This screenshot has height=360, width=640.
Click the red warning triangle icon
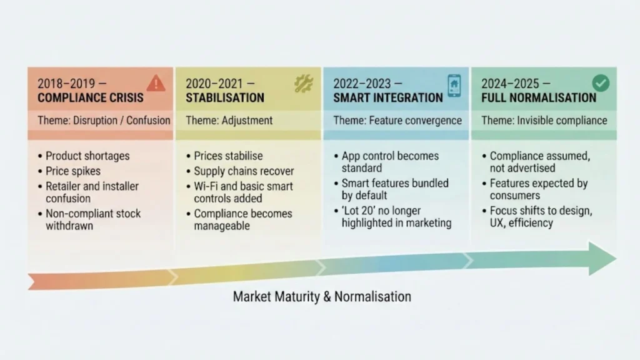[156, 82]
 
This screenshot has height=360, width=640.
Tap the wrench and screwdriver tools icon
[304, 84]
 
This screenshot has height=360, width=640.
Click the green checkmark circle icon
[601, 82]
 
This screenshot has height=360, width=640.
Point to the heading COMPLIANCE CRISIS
[90, 97]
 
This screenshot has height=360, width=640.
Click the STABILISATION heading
[224, 97]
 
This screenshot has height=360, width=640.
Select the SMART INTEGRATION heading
[387, 97]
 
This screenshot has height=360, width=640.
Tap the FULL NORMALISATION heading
[539, 97]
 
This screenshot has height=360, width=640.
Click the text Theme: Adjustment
[229, 120]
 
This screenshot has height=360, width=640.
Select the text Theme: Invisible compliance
[544, 120]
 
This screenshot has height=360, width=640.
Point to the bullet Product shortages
[87, 156]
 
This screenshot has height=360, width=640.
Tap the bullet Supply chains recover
[244, 171]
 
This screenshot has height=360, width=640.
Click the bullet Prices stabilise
[228, 156]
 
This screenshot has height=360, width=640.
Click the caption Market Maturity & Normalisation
[322, 296]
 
